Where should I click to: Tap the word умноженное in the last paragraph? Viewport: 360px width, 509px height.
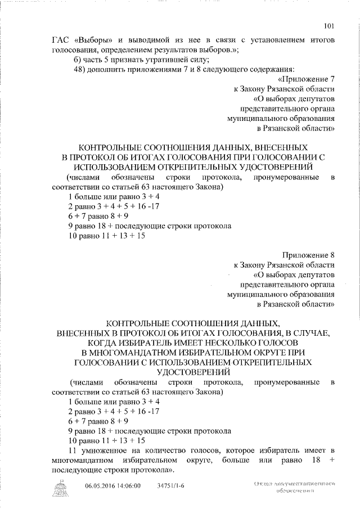[x=100, y=451]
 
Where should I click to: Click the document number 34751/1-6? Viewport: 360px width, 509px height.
[x=170, y=485]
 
